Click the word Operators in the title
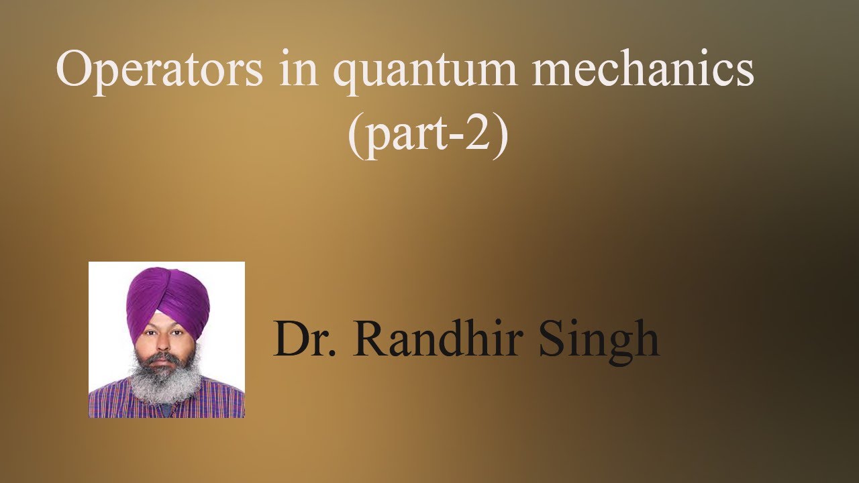coord(159,71)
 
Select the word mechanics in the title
coord(642,70)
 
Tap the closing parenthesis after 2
coord(501,137)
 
